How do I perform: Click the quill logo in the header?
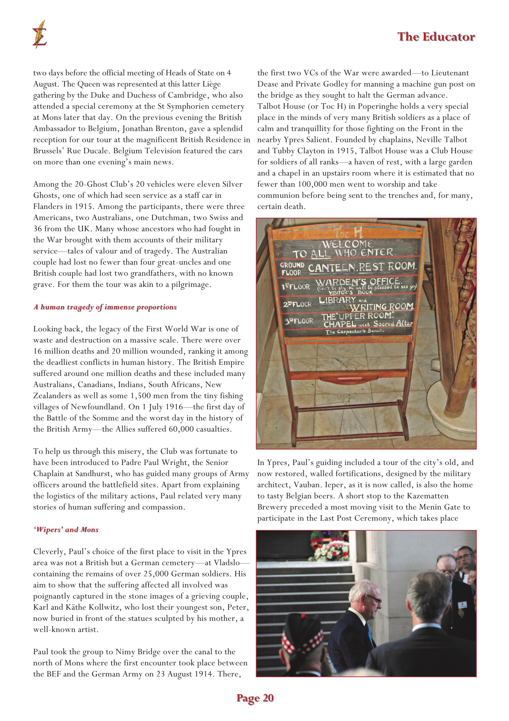tap(40, 34)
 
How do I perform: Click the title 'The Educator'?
tap(436, 37)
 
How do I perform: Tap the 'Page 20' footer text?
tap(255, 698)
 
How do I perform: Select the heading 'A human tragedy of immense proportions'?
tap(105, 307)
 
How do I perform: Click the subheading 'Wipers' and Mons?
tap(66, 529)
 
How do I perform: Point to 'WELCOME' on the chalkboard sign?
tap(347, 244)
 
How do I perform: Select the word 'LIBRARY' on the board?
tap(337, 300)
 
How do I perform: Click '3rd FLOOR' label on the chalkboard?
tap(299, 321)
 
